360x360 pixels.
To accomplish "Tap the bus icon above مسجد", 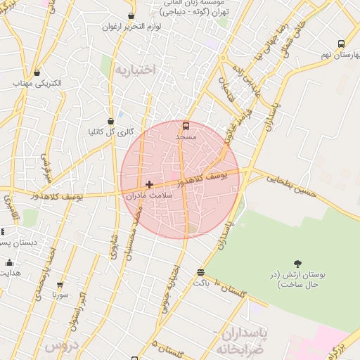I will coord(186,126).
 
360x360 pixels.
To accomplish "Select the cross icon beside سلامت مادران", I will coord(149,184).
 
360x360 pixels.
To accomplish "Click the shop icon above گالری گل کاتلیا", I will coord(110,121).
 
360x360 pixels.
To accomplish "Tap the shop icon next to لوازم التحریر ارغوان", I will coord(131,15).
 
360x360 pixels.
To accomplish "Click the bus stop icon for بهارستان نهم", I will coord(341,44).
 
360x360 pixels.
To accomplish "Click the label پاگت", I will coord(202,282).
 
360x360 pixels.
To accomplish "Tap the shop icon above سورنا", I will coord(60,285).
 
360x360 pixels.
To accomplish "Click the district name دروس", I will coord(59,346).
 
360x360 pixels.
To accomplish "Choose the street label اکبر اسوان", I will coord(77,309).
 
